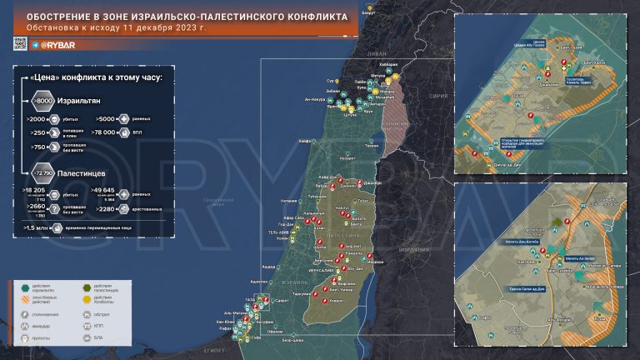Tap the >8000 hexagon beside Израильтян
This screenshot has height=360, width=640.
click(42, 102)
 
